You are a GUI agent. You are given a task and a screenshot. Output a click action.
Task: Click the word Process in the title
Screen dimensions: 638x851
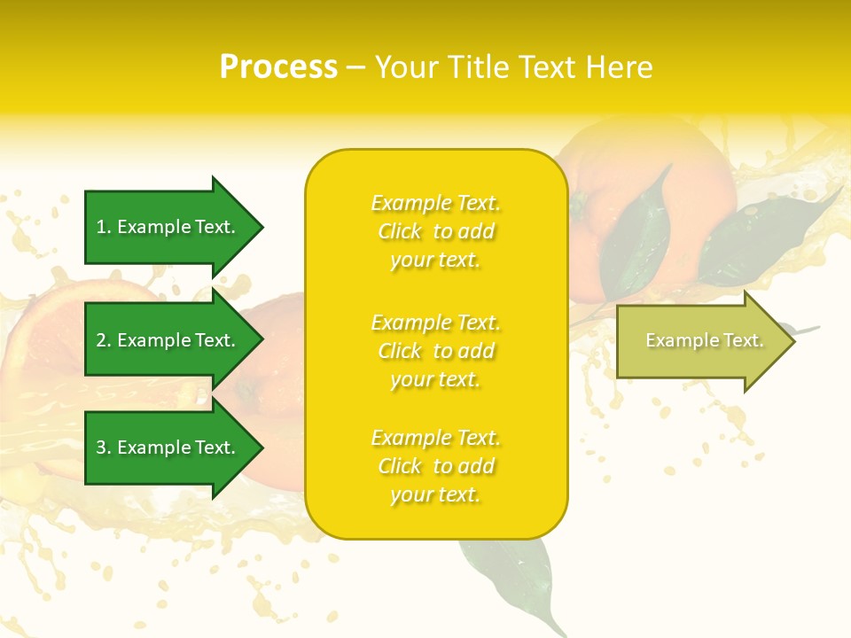coord(278,67)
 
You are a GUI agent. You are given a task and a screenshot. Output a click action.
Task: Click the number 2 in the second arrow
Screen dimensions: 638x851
coord(101,340)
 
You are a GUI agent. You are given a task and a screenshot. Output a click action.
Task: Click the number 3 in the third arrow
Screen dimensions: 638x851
coord(101,447)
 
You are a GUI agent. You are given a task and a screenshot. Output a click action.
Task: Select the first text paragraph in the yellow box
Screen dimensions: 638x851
coord(435,231)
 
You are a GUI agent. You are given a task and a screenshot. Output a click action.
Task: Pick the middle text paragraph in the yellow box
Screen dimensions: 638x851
coord(435,351)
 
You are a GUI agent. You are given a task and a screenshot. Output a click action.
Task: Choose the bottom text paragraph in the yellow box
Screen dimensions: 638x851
coord(435,466)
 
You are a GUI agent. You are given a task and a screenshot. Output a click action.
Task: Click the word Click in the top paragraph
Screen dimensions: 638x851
coord(400,231)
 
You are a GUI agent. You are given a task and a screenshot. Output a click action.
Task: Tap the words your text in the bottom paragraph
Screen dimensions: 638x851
coord(435,494)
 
